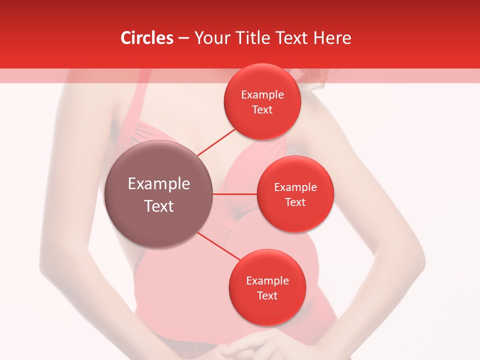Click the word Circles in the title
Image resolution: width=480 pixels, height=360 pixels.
click(147, 38)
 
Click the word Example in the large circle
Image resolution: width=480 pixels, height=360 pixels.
click(159, 184)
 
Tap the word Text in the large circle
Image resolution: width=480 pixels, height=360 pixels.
click(159, 206)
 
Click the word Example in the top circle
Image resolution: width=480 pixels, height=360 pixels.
click(262, 95)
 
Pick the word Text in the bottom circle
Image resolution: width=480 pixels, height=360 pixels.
click(267, 296)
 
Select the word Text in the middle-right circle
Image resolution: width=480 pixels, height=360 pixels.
click(295, 202)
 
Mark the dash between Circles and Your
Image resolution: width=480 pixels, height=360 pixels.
click(183, 38)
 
